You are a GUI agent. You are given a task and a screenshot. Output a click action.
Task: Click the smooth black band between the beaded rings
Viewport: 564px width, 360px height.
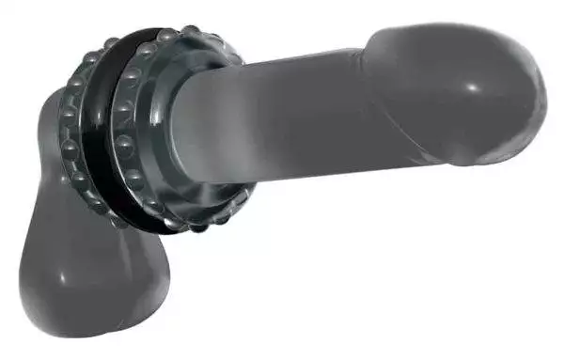pyautogui.click(x=97, y=132)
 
